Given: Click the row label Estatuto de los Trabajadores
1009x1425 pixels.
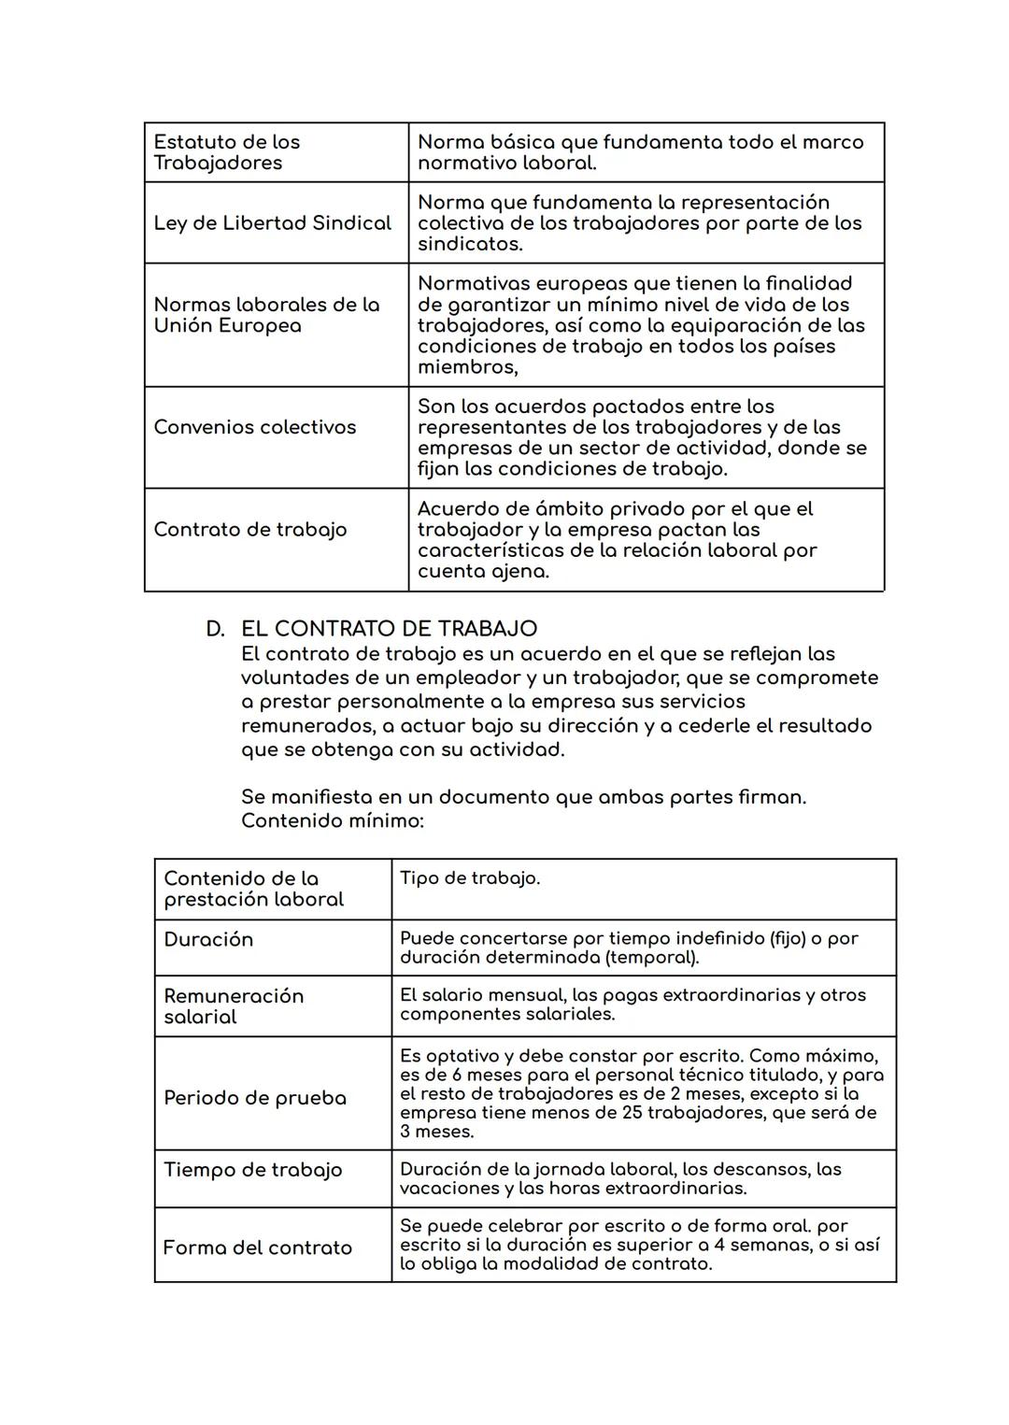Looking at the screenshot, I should tap(226, 152).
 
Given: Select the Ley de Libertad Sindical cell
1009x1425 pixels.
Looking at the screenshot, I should tap(272, 223).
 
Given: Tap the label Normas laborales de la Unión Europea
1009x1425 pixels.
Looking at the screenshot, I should tap(266, 315).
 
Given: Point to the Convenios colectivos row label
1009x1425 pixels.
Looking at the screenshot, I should tap(255, 427).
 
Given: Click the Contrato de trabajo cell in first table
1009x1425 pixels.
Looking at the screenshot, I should tap(249, 530).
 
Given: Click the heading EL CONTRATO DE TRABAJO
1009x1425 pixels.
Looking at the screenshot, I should tap(389, 629).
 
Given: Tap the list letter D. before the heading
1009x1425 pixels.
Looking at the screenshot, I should tap(215, 629).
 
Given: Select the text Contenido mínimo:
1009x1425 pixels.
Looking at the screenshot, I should tap(332, 821).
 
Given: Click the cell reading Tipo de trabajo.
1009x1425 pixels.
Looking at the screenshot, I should tap(469, 878).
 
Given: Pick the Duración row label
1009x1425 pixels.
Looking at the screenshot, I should tap(208, 940).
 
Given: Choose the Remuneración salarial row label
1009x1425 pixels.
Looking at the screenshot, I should tap(234, 1006).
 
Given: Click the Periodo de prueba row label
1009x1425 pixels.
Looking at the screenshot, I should tap(254, 1098).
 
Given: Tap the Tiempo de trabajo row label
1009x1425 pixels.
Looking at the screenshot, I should tap(252, 1170).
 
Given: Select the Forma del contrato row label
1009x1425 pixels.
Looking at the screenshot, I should tap(257, 1248).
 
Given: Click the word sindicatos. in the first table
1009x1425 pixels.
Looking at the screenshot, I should tap(470, 244).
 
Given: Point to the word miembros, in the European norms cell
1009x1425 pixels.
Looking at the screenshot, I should tap(467, 367).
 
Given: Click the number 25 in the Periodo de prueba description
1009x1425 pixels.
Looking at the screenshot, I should tap(632, 1113).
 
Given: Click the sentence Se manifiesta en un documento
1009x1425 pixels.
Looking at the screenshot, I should tap(523, 797).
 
